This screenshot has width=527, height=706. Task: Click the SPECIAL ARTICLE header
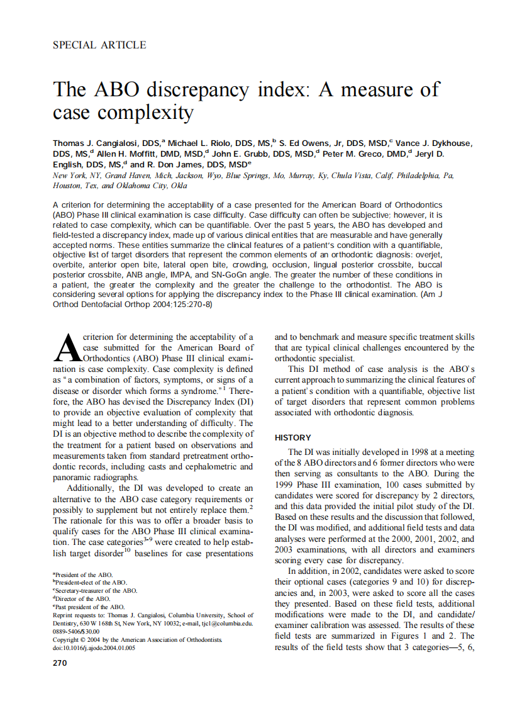point(99,45)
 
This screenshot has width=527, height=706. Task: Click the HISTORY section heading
point(292,437)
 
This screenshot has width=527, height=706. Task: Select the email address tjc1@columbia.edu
point(226,624)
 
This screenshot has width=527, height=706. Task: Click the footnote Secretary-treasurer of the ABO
point(95,591)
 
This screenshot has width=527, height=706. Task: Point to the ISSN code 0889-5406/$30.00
point(76,631)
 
